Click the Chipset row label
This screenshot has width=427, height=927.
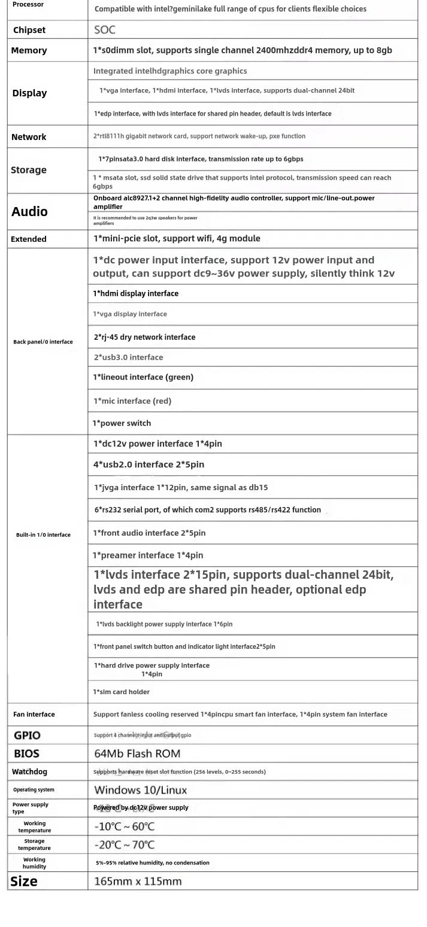coord(29,30)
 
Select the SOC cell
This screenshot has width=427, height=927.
coord(105,30)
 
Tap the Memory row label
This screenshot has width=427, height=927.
coord(29,50)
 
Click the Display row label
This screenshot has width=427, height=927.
coord(29,93)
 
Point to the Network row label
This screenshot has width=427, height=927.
coord(29,137)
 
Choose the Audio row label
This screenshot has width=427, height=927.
coord(29,211)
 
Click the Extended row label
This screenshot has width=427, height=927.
coord(29,239)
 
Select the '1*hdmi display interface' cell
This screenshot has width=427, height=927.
coord(135,293)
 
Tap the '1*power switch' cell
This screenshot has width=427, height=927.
coord(122,423)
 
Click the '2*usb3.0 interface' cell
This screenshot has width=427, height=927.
coord(128,357)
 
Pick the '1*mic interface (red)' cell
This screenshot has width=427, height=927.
coord(132,401)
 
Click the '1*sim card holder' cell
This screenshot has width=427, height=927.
coord(122,692)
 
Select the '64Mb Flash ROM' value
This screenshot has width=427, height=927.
coord(137,753)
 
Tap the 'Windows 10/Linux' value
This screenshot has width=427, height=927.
coord(141,790)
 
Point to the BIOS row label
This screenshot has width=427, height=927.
coord(27,753)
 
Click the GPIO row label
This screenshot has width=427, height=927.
coord(27,735)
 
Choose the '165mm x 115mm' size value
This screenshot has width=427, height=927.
coord(138,881)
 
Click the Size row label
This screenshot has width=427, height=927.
coord(24,881)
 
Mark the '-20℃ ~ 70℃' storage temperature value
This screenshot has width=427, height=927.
coord(125,844)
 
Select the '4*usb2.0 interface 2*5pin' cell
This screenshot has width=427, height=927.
coord(149,464)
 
